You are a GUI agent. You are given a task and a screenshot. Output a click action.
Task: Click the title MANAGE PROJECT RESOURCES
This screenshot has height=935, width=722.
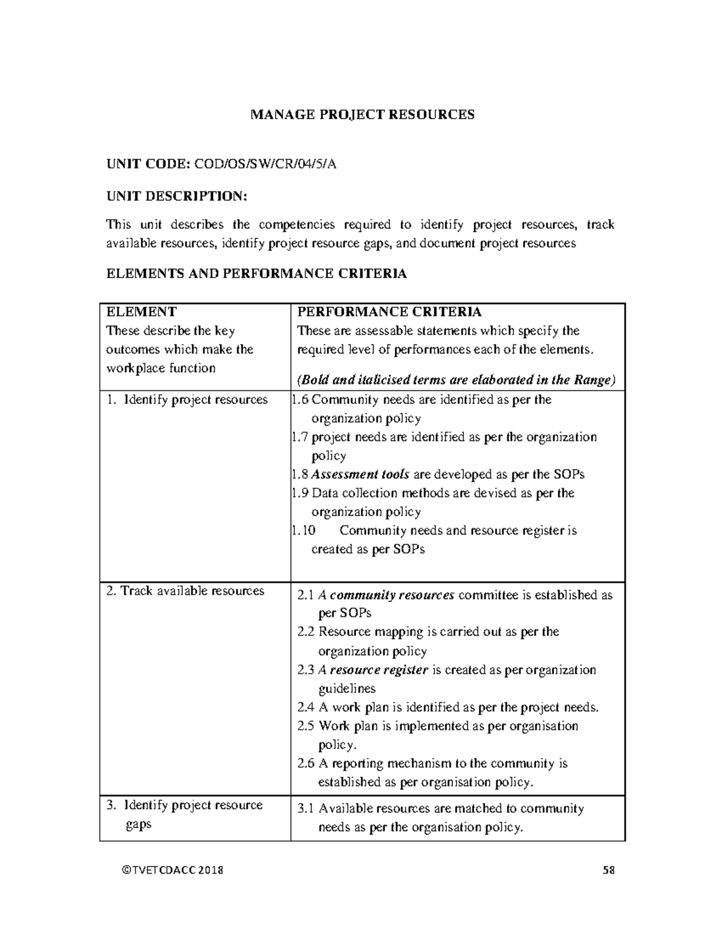pyautogui.click(x=362, y=114)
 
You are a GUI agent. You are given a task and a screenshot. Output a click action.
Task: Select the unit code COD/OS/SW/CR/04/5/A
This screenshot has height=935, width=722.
pyautogui.click(x=265, y=165)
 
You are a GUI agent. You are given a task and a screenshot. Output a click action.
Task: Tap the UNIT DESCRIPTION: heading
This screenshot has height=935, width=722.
pyautogui.click(x=176, y=196)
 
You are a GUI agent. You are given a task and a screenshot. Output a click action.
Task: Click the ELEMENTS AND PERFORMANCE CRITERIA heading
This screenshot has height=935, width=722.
pyautogui.click(x=256, y=274)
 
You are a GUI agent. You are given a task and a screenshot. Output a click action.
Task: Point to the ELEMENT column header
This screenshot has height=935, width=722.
pyautogui.click(x=141, y=312)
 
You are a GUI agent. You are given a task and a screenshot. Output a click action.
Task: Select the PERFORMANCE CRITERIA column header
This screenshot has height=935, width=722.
pyautogui.click(x=389, y=312)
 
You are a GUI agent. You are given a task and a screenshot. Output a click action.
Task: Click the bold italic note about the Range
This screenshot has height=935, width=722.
pyautogui.click(x=457, y=380)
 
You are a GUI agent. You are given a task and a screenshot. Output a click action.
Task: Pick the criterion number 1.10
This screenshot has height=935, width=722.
pyautogui.click(x=303, y=530)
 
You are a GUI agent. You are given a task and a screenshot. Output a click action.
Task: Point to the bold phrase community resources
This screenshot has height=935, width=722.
pyautogui.click(x=392, y=595)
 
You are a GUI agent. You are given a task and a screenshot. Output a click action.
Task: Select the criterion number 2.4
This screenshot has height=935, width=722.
pyautogui.click(x=306, y=707)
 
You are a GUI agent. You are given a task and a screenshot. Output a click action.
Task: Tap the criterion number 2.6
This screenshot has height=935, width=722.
pyautogui.click(x=306, y=763)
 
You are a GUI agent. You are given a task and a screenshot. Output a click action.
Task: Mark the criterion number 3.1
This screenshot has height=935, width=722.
pyautogui.click(x=306, y=809)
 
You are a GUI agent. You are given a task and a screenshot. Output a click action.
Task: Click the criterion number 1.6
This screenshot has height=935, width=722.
pyautogui.click(x=300, y=400)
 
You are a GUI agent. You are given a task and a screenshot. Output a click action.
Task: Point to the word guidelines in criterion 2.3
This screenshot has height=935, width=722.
pyautogui.click(x=347, y=689)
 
